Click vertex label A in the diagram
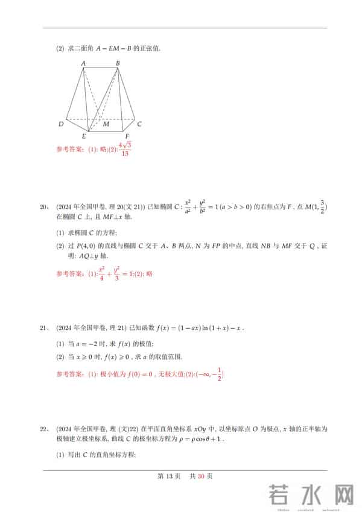coord(83,63)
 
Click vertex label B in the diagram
coord(118,63)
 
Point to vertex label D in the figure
coord(61,124)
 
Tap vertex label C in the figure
coord(139,124)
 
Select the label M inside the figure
coord(106,124)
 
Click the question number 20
coord(43,207)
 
